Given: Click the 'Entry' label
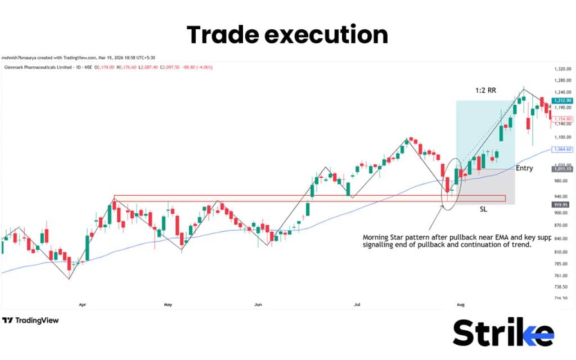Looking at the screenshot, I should point(524,168).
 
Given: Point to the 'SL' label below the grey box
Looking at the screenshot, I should point(483,209).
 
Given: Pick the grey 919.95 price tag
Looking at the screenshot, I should point(560,205).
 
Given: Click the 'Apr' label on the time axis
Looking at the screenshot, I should point(83,305).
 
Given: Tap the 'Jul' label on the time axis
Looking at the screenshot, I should point(357,305).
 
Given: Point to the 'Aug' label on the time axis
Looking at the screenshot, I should point(460,305).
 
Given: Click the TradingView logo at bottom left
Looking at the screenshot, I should point(30,321).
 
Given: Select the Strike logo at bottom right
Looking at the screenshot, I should point(503,333).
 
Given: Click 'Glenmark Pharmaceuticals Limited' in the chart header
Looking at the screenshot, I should point(37,67).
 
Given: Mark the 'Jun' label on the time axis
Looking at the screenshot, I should point(258,305).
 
